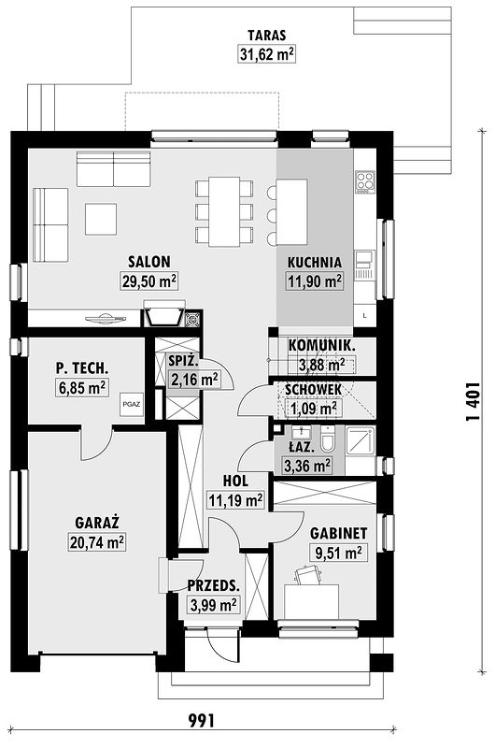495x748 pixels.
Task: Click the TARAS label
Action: pos(266,36)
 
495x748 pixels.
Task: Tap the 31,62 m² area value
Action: pos(266,53)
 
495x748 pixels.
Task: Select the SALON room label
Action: pos(148,262)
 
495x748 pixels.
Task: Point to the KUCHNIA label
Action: pos(315,262)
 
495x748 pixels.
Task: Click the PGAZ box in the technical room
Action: pos(132,404)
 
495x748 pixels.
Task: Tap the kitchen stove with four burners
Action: pos(365,181)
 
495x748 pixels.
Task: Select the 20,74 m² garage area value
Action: pos(97,542)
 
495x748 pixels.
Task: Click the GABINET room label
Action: pos(338,533)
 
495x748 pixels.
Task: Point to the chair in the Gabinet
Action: pos(307,575)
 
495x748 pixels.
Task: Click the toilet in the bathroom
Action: pos(328,439)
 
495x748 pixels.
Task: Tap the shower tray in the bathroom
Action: pos(361,440)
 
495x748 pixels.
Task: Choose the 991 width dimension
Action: pos(201,720)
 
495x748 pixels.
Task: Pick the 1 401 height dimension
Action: pos(473,402)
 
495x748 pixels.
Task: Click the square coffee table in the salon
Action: pos(101,219)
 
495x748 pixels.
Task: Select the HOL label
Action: pos(236,481)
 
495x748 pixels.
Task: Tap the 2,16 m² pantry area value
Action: pos(194,380)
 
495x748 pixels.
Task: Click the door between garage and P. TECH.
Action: pos(97,443)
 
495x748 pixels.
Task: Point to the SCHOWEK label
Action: pos(313,389)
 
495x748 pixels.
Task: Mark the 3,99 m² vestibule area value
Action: pos(214,605)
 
